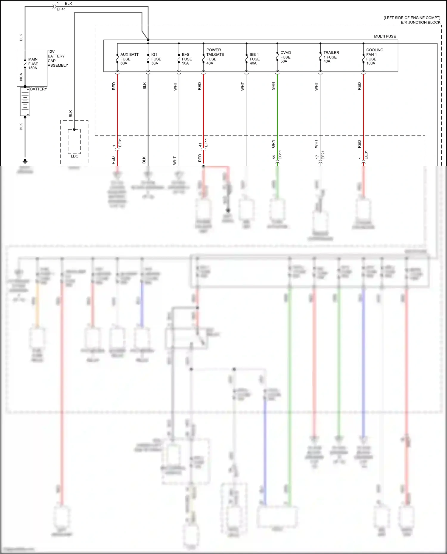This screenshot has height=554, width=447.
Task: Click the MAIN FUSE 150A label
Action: pos(33,64)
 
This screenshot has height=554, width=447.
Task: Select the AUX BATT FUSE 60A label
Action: pos(129,59)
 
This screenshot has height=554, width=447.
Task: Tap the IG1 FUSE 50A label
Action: pos(156,59)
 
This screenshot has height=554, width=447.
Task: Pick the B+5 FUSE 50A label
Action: pos(187,59)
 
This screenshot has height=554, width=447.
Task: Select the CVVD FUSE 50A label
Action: pos(285,57)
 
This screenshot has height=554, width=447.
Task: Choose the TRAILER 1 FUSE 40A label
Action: pos(331,57)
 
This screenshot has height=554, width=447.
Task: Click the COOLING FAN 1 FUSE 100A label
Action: pos(374,57)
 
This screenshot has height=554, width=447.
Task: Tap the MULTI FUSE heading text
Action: pos(385,36)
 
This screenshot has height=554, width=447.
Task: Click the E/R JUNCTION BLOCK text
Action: pos(420,22)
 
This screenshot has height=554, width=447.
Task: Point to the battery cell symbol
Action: pos(25,102)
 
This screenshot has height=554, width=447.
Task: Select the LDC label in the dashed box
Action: pos(74,156)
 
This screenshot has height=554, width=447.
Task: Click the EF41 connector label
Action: pos(61,9)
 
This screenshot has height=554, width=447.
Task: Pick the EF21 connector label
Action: pos(323,155)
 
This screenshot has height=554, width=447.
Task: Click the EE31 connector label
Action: pos(366,155)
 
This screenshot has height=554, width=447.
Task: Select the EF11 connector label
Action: pos(206,143)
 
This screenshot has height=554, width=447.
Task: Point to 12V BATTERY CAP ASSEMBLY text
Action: pos(58,58)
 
